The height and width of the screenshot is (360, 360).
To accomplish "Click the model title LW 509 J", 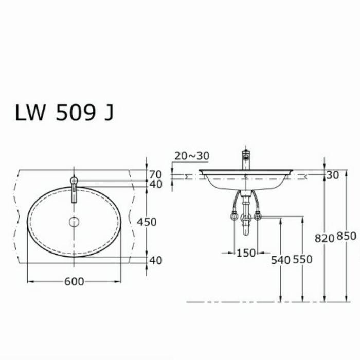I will click(64, 113).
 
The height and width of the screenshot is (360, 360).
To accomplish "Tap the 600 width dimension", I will click(74, 282).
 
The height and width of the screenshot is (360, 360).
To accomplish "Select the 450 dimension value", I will click(147, 222).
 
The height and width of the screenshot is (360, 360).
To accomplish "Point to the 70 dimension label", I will click(155, 174).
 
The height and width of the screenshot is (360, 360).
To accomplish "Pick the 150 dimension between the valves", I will click(246, 253).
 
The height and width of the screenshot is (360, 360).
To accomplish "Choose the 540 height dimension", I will click(280, 260).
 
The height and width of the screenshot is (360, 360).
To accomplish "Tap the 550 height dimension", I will click(302, 260).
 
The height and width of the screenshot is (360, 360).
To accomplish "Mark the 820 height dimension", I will click(325, 237).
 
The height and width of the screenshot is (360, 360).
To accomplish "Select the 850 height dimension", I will click(346, 237).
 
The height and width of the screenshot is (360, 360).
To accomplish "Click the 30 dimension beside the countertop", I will click(332, 175).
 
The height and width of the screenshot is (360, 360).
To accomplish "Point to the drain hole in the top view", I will click(74, 222).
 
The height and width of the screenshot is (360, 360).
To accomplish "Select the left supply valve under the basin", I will click(235, 217).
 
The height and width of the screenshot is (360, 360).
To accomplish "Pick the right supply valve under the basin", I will click(258, 217).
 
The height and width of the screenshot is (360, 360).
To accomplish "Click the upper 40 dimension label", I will click(155, 184).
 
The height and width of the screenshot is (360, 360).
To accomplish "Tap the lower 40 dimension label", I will click(155, 261).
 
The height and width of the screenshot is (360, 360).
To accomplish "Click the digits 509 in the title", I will click(75, 113).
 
